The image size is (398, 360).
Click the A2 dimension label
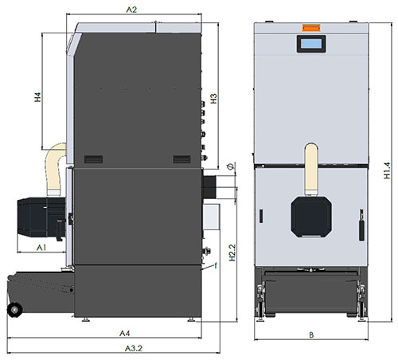[132, 10]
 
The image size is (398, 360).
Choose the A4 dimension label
[124, 332]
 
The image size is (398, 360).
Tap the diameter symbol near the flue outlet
[229, 166]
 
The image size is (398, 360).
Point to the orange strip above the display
[308, 30]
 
